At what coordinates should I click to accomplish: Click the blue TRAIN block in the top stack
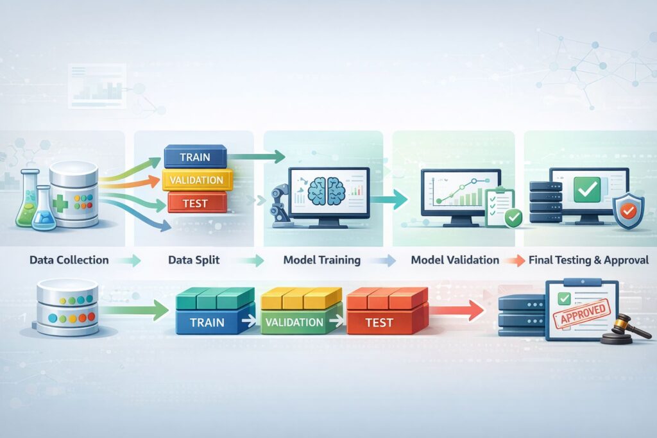[x=195, y=157]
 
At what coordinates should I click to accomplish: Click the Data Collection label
[x=69, y=260]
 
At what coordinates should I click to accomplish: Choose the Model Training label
[x=321, y=260]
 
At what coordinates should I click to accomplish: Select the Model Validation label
[x=455, y=260]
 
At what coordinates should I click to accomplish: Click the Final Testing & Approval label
[x=588, y=260]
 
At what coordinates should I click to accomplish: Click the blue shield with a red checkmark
[x=628, y=211]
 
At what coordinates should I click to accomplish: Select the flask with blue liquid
[x=44, y=210]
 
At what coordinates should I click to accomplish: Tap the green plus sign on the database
[x=60, y=200]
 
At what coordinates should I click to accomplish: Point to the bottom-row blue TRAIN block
[x=207, y=321]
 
